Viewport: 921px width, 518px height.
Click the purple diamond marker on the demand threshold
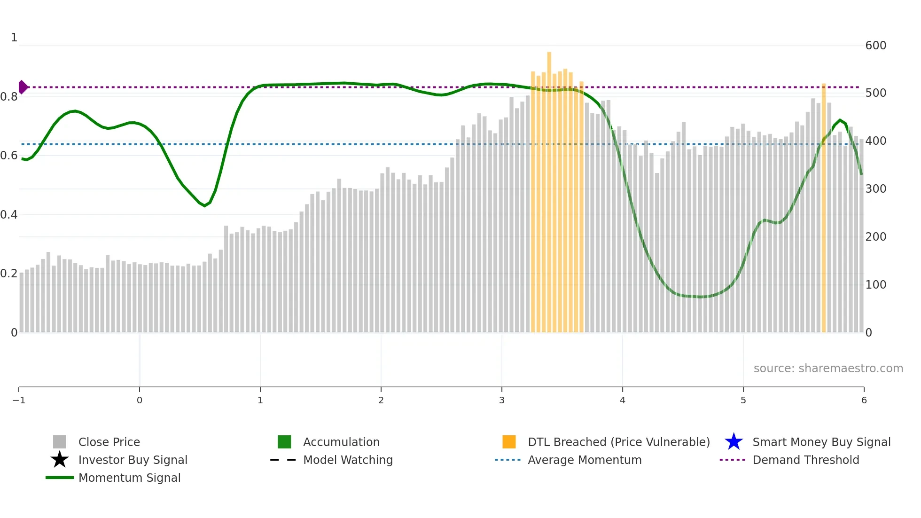tap(23, 87)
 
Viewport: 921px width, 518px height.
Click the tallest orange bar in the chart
tap(549, 188)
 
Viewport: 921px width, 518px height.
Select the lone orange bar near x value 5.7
tap(823, 207)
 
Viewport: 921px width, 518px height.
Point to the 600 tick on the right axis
tap(875, 46)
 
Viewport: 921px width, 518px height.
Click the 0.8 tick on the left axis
tap(9, 97)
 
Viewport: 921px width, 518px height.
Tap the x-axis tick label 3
tap(501, 400)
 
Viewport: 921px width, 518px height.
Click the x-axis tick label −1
tap(19, 400)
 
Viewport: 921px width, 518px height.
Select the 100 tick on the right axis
tap(875, 285)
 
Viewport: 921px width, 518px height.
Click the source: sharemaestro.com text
tap(828, 369)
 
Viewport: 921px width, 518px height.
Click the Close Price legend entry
tap(109, 442)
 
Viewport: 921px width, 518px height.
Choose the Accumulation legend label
tap(341, 442)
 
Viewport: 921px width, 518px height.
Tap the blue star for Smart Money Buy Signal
tap(734, 442)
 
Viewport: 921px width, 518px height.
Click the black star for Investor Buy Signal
tap(60, 460)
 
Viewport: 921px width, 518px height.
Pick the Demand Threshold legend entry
tap(805, 460)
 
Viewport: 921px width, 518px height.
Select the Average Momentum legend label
tap(585, 460)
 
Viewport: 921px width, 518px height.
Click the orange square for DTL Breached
tap(509, 442)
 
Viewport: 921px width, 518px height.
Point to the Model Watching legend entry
tap(348, 460)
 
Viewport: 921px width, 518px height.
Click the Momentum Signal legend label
tap(129, 478)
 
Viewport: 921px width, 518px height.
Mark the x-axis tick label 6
tap(864, 400)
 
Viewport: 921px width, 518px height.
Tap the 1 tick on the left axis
tap(14, 38)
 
